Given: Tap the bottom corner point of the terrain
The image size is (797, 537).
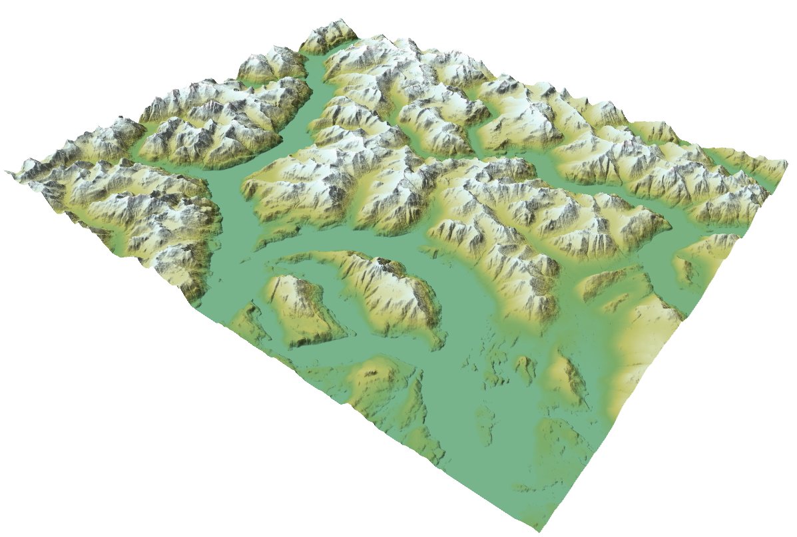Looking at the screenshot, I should coord(538,530).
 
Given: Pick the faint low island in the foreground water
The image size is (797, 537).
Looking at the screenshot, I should coord(486,426).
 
